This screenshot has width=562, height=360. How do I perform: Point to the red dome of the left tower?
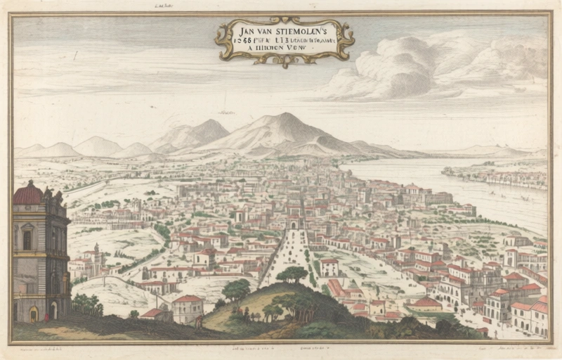[28, 193]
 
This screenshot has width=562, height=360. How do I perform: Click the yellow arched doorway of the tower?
[33, 314]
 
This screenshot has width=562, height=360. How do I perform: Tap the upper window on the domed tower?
[27, 239]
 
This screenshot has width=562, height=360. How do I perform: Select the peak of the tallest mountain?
[285, 116]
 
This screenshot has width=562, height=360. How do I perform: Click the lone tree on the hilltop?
[292, 274]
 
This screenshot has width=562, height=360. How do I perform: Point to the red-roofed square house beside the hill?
[188, 308]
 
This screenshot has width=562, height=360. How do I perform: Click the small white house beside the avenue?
[329, 267]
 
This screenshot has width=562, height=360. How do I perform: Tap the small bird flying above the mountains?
[226, 112]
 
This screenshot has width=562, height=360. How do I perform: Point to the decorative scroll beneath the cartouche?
[285, 61]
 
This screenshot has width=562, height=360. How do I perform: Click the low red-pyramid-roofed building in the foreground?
[426, 304]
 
